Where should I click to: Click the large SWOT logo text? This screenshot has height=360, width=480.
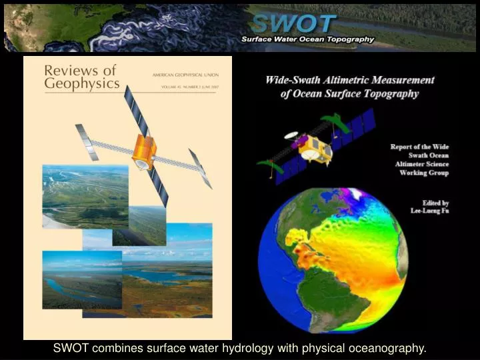293,24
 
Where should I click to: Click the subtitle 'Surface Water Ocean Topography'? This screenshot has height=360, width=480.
307,39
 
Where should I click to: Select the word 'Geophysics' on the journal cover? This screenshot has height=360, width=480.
82,84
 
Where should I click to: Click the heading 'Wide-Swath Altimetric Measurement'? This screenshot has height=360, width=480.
349,80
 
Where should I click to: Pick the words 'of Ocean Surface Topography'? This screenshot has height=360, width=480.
349,94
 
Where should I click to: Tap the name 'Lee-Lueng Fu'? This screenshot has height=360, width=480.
430,211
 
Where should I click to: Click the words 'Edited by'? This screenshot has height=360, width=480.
435,203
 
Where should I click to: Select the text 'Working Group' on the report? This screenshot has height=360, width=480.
424,173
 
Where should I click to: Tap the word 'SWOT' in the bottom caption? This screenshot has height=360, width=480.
71,348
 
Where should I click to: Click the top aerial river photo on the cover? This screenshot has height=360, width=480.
85,197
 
